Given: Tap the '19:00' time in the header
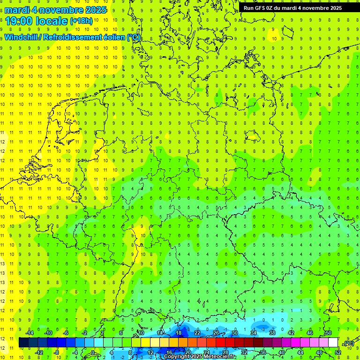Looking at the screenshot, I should pyautogui.click(x=18, y=21).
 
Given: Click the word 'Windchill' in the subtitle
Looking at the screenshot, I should pyautogui.click(x=21, y=37).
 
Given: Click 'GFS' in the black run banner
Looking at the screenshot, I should pyautogui.click(x=263, y=8).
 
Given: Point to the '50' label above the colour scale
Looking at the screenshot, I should pyautogui.click(x=328, y=333).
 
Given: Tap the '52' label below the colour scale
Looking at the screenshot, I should pyautogui.click(x=337, y=352).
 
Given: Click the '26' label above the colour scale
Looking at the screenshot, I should pyautogui.click(x=216, y=333).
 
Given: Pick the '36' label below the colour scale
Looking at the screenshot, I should pyautogui.click(x=263, y=352).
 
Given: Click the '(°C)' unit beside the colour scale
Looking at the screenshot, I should pyautogui.click(x=348, y=343).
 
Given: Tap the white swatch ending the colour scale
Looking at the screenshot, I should pyautogui.click(x=333, y=343).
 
